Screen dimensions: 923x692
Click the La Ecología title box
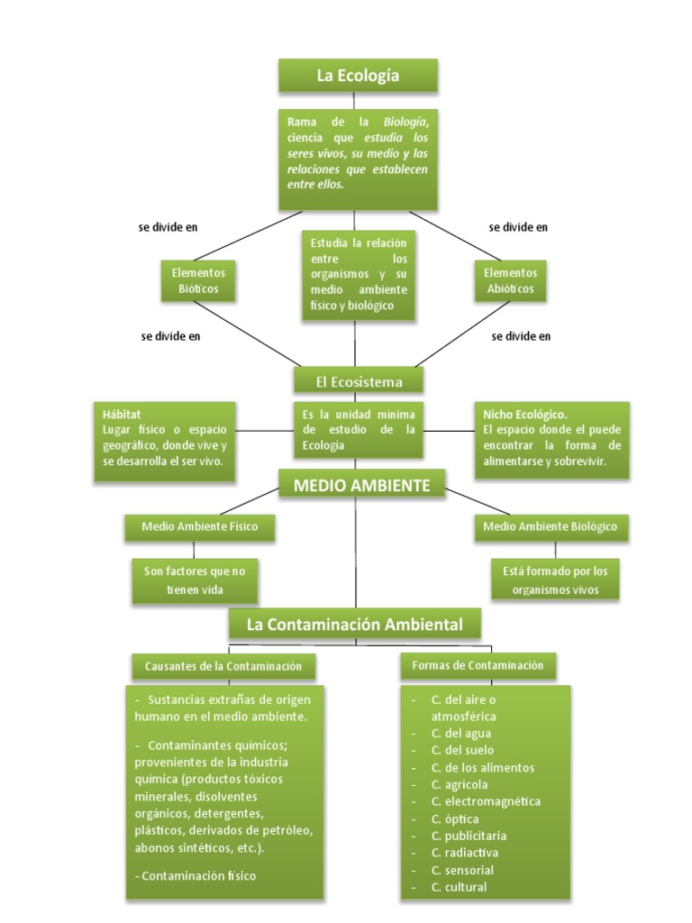coord(358,77)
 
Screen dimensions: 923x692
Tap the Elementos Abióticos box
coord(510,281)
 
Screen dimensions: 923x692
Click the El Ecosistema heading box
coord(359,382)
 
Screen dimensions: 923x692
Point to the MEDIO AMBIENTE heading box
coord(361,487)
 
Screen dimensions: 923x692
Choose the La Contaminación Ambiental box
coord(354,624)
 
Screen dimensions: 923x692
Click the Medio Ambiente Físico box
coord(199,527)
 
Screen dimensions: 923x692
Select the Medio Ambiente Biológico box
coord(551,527)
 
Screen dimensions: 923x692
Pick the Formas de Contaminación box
coord(478,665)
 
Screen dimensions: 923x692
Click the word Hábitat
coord(122,414)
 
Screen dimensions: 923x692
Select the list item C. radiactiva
coord(465,853)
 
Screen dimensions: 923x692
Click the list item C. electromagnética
coord(486,801)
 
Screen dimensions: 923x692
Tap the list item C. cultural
coord(459,887)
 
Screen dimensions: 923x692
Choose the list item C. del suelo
coord(462,750)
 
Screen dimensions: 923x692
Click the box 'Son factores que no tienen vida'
coord(196,580)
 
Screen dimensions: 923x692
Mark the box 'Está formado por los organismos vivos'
coord(555,580)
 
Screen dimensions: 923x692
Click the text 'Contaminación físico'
coord(198,875)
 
